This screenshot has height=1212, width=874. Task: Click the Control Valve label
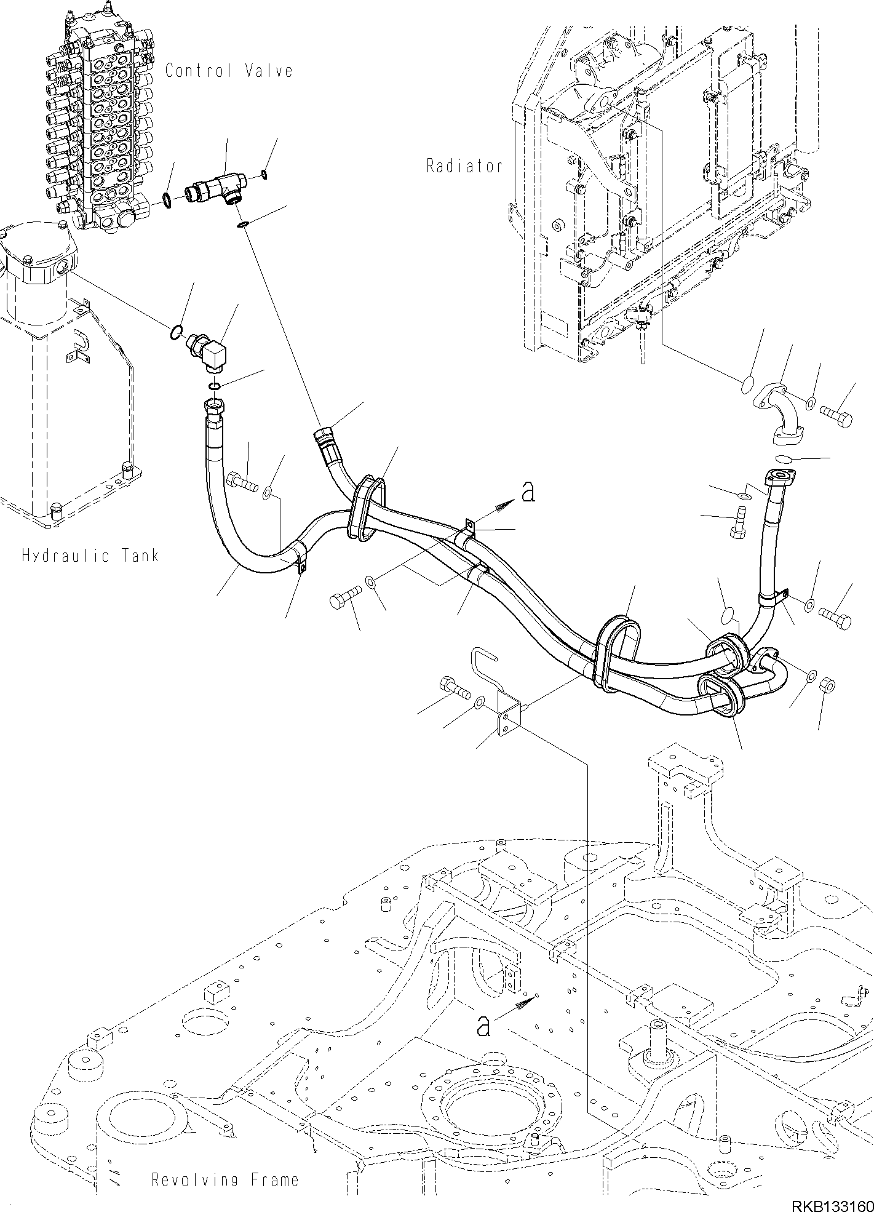coord(229,71)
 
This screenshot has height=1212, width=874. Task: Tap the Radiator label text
coord(464,166)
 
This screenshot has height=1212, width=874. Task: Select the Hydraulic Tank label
coord(90,556)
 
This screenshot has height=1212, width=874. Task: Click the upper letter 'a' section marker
coord(527,493)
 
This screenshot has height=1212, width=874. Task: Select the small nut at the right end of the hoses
coord(827,684)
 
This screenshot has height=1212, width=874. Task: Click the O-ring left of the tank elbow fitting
coord(175,333)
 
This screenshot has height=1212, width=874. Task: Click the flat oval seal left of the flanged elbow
coord(745,385)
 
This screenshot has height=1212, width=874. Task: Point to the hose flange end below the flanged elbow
coord(779,477)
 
